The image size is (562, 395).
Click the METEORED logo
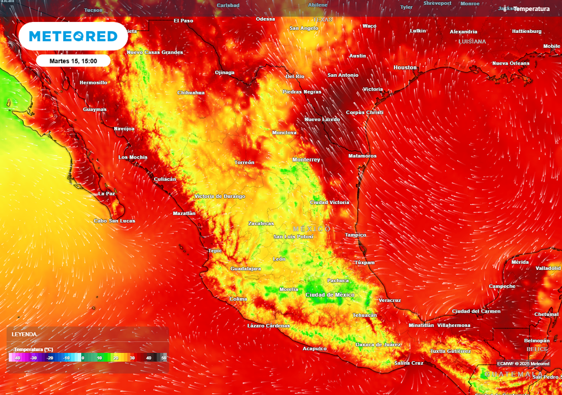coord(73,36)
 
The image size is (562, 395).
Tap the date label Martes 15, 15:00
coord(73,61)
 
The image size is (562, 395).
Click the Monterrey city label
coord(306,160)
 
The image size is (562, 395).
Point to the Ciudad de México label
coord(330,295)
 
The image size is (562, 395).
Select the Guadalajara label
coord(245,269)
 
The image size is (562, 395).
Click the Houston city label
coord(405,67)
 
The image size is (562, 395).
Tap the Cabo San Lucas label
coord(114,221)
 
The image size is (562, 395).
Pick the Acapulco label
coord(314,348)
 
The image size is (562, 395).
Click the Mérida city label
coord(520,262)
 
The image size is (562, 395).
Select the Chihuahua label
coord(191,93)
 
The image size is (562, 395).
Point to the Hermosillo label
coord(93,83)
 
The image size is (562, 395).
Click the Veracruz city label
coord(390,301)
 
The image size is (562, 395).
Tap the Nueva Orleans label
coord(511,64)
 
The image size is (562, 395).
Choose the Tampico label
coord(355,235)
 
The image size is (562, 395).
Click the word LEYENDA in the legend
coord(25,334)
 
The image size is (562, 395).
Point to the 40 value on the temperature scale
coord(148,358)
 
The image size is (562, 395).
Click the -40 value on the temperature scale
coord(18,358)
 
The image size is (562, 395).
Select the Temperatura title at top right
coord(531,9)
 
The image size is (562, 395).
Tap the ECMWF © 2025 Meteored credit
coord(523,364)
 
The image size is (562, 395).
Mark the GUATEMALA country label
coord(514,374)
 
